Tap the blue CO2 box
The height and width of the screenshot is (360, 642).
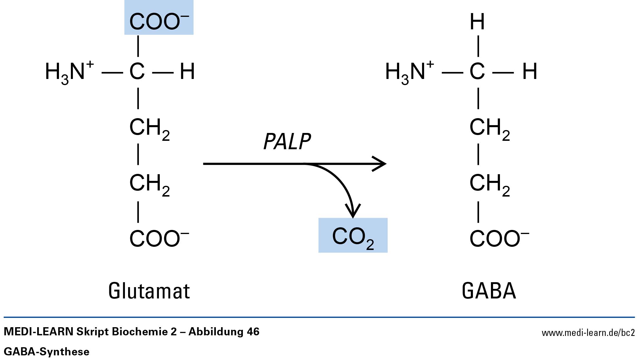click(x=353, y=236)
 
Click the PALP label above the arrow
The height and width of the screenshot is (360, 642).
click(x=287, y=142)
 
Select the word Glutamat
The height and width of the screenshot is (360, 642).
click(x=149, y=291)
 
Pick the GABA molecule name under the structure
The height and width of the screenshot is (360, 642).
click(x=489, y=291)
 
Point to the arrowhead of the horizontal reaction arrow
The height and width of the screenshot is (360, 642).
click(x=381, y=164)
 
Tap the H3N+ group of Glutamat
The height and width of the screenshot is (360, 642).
click(x=69, y=72)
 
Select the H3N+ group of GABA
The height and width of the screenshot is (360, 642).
click(x=409, y=72)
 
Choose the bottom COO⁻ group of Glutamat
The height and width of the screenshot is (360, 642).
click(x=159, y=239)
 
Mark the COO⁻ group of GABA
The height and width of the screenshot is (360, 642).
click(x=499, y=239)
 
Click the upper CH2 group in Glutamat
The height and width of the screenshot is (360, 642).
click(x=149, y=128)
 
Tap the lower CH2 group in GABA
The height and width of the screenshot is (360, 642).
click(x=489, y=184)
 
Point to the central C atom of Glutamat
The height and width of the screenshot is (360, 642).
click(x=137, y=72)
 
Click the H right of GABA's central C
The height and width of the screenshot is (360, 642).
click(x=530, y=72)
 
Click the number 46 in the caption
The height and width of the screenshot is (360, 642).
click(x=253, y=332)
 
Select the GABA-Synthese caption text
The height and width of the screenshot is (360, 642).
click(x=46, y=352)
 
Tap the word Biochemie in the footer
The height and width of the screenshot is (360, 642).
click(x=144, y=332)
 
